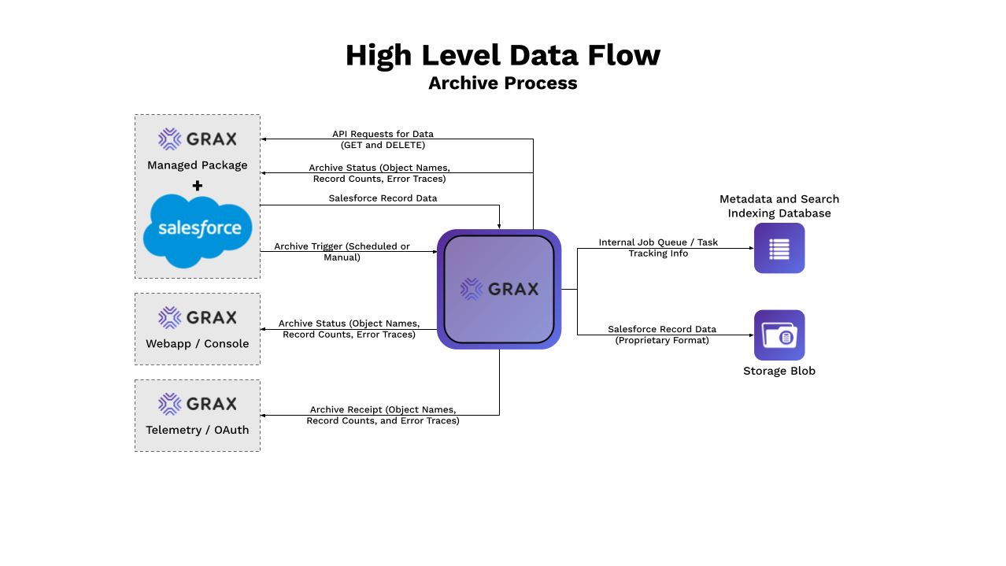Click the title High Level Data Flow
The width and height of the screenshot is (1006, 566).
point(502,55)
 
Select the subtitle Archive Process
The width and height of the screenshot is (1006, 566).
point(502,83)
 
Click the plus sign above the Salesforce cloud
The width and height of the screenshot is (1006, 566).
point(198,186)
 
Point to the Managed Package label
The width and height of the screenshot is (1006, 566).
point(198,165)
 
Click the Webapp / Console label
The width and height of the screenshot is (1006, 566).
point(198,344)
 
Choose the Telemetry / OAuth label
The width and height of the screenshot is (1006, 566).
point(198,430)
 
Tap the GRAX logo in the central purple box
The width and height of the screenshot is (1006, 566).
point(499,289)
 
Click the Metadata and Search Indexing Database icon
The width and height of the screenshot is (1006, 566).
point(779,248)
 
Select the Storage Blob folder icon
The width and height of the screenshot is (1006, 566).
point(779,335)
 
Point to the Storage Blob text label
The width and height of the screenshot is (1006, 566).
point(779,371)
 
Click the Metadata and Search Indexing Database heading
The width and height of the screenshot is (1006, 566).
point(779,206)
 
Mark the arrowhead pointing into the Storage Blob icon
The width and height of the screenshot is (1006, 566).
point(750,335)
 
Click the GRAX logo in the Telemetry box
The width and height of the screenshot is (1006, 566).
point(198,404)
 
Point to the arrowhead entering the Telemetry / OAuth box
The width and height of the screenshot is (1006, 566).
point(264,415)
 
